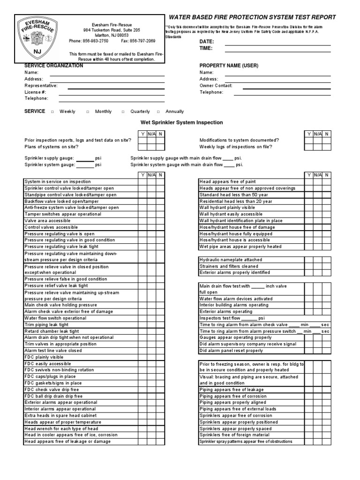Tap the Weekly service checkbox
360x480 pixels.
coord(52,112)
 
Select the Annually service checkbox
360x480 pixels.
coord(158,112)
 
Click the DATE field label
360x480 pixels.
coord(207,42)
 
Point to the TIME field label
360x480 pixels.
coord(206,48)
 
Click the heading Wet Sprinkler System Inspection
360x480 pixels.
coord(182,122)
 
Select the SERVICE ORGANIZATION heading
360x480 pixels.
coord(53,66)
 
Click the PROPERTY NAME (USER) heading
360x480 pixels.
coord(229,66)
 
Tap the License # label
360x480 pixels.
coord(35,92)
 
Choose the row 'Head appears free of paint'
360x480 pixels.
coord(228,182)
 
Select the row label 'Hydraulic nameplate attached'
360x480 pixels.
coord(231,260)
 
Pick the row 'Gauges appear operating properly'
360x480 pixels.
coord(235,337)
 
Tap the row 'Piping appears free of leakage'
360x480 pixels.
coord(232,390)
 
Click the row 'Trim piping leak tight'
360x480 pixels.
coord(46,324)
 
